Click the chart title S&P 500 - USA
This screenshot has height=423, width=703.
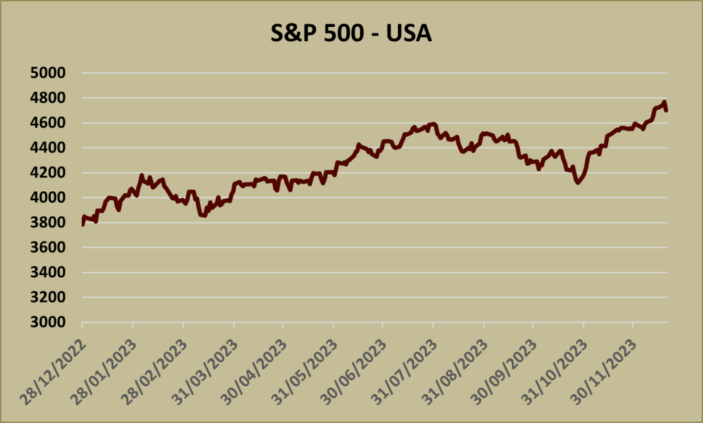(x=350, y=34)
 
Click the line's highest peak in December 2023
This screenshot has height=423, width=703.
(x=664, y=102)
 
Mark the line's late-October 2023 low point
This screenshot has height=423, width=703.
(x=578, y=183)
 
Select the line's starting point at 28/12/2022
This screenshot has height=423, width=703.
(x=82, y=224)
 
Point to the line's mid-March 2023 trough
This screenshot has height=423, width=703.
(x=203, y=215)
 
